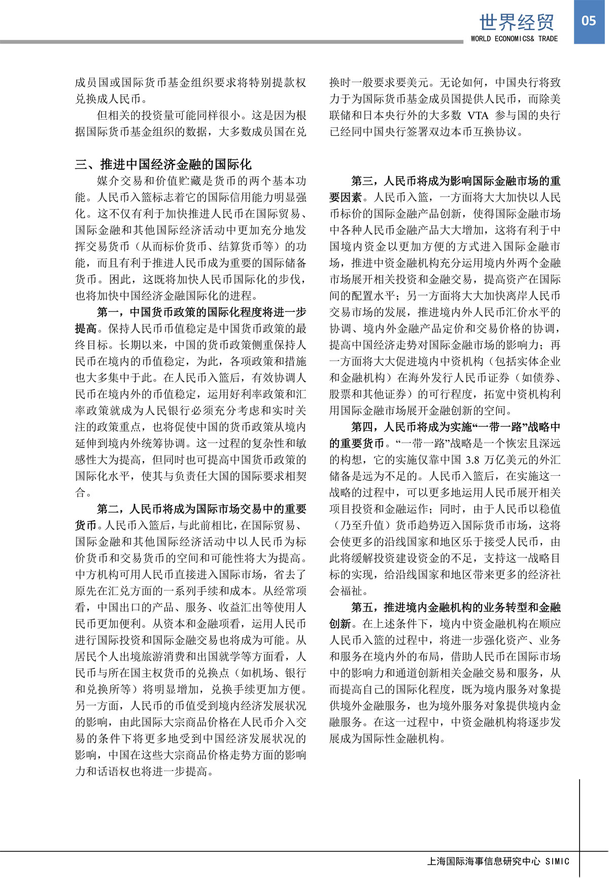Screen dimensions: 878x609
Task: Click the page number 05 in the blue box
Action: coord(589,21)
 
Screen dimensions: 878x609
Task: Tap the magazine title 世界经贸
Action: coord(517,22)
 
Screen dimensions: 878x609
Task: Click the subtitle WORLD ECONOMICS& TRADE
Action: coord(514,39)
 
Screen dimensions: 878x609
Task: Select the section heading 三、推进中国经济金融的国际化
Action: coord(163,164)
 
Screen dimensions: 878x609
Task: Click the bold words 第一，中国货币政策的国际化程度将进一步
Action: coord(201,312)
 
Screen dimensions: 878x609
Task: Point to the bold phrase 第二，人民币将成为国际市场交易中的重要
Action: coord(201,509)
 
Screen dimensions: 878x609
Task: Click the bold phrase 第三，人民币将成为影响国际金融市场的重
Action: coord(456,181)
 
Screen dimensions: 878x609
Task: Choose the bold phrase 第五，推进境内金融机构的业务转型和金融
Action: coord(456,607)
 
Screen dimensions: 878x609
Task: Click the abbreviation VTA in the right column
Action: coord(478,115)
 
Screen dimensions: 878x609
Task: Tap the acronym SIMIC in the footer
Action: coord(557,861)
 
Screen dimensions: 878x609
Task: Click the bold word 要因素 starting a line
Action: coord(346,197)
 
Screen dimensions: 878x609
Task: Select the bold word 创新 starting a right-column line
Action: coord(340,624)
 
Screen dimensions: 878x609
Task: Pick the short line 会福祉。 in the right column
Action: coord(349,591)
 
